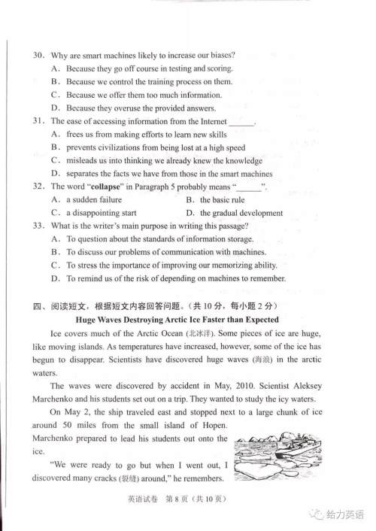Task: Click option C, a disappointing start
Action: (x=96, y=213)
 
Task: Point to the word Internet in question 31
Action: (x=209, y=120)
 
